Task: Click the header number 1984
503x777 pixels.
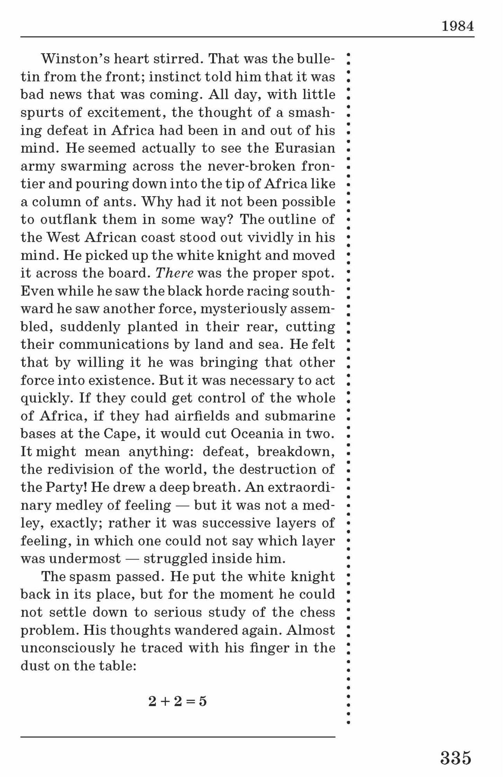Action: click(458, 26)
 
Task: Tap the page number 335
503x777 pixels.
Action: click(456, 758)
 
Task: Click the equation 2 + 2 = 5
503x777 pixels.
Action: click(178, 701)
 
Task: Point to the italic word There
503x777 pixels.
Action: click(175, 273)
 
